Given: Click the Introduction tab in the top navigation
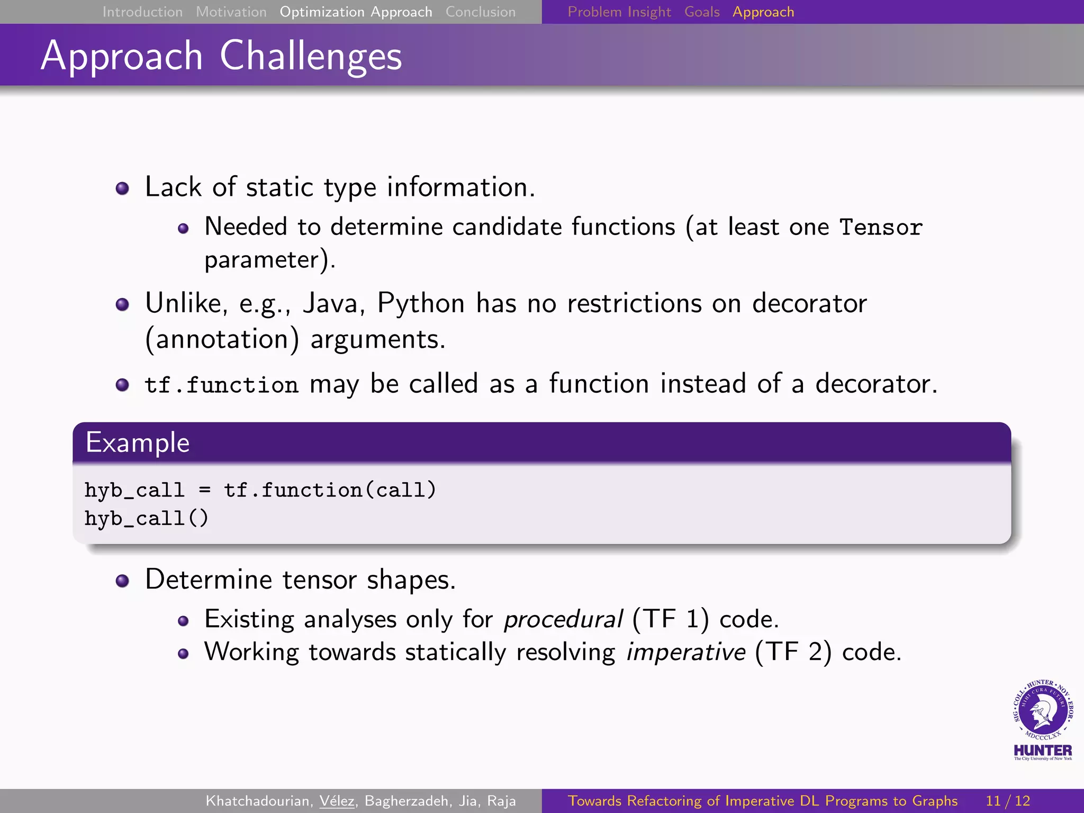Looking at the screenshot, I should pos(142,12).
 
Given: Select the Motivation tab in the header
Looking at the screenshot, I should pos(231,12).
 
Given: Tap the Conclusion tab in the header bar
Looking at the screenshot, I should pos(480,12).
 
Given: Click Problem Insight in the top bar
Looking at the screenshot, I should pos(619,12).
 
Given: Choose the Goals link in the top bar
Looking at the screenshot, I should pos(702,12).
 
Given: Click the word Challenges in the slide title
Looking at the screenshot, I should pos(311,56).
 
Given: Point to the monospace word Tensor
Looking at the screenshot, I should pos(881,228).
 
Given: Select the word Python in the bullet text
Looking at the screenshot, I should pos(421,303).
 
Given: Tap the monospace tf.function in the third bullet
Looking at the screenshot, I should pos(221,385).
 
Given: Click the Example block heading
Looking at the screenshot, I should pos(138,442).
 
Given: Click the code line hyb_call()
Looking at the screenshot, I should pos(147,518).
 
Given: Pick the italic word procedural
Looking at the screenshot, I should pos(563,619).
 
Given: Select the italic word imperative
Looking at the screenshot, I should pos(686,652).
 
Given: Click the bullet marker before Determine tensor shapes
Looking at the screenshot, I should pos(122,581).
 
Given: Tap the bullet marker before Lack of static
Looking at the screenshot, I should pos(122,188).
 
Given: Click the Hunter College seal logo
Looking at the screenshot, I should pos(1042,712).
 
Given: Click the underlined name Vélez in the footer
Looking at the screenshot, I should pos(337,801).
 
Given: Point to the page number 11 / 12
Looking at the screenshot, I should pos(1008,801).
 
